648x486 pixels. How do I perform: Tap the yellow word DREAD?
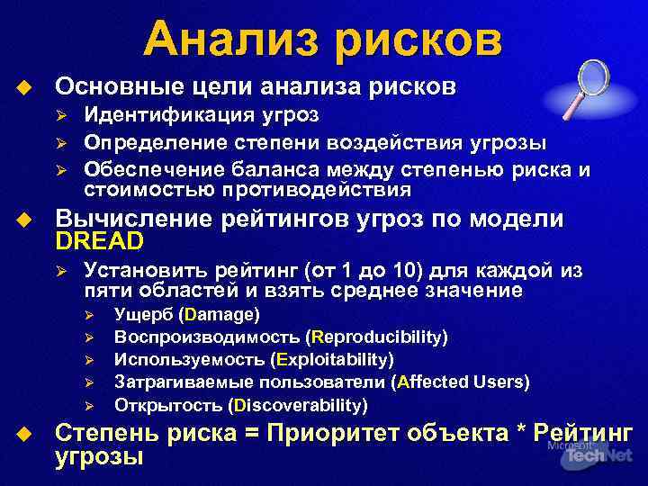[x=100, y=242]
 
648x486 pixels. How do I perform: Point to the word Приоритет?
[x=340, y=432]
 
